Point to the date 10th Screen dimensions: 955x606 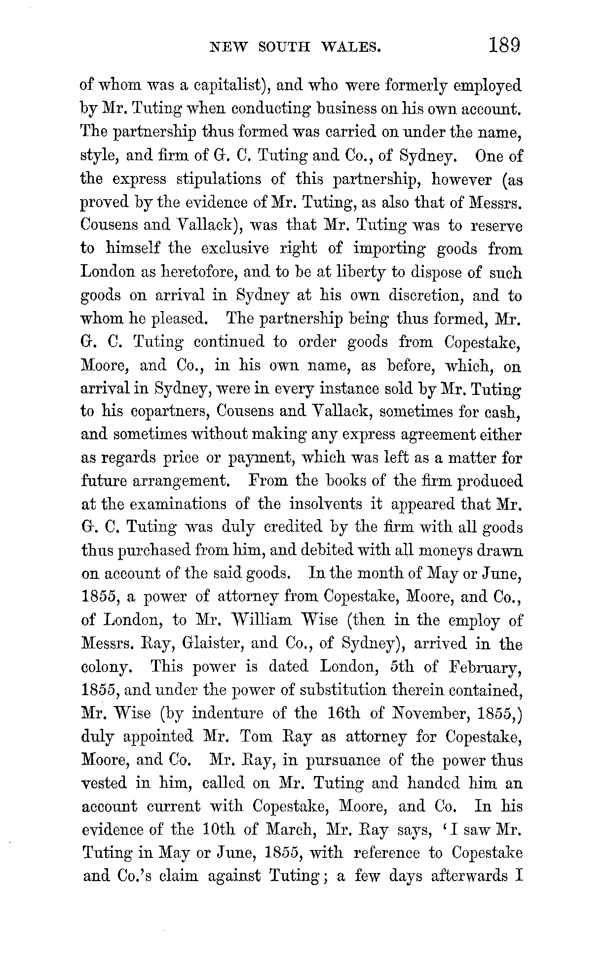click(x=219, y=830)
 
